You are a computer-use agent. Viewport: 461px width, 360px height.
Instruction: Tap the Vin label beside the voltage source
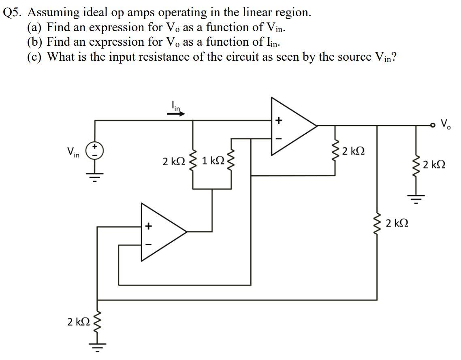coord(73,152)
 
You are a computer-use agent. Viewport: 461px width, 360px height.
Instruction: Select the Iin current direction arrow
coord(176,114)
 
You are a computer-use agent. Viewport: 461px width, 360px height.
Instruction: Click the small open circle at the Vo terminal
coord(433,126)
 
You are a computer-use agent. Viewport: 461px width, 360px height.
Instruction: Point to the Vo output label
coord(445,123)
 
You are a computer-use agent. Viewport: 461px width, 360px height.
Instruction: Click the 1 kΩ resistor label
coord(213,161)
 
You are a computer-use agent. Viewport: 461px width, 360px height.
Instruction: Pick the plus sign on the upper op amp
coord(278,120)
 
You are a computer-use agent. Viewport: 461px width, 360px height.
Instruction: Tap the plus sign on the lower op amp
coord(148,226)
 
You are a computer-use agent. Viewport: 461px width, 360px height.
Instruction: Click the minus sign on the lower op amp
coord(148,244)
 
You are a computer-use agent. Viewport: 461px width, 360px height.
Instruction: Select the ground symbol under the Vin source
coord(95,176)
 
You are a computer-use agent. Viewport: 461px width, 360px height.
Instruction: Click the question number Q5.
coord(13,13)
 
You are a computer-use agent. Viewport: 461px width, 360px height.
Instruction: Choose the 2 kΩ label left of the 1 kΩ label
coord(173,161)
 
